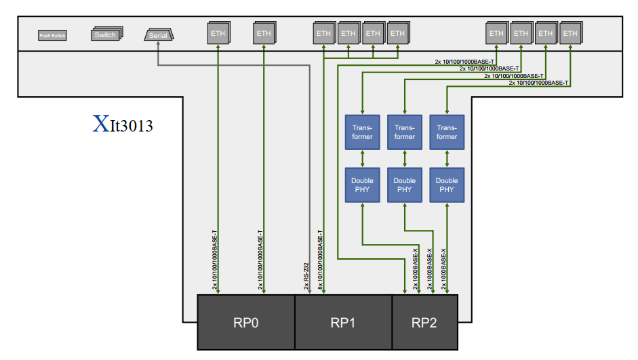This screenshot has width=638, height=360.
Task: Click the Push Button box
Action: [x=52, y=35]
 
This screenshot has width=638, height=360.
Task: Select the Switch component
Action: [x=105, y=35]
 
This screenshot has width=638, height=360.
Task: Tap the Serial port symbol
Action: [x=159, y=35]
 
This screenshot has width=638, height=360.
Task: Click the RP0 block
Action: [x=245, y=322]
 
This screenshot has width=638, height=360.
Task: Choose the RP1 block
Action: [x=343, y=322]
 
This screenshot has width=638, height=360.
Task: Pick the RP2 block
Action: [x=424, y=322]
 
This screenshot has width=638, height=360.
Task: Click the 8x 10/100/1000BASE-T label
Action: [x=319, y=260]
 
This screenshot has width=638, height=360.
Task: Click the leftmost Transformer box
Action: [x=362, y=132]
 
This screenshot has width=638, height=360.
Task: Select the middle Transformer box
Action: [x=405, y=132]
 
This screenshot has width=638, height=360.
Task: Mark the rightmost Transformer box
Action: [x=447, y=132]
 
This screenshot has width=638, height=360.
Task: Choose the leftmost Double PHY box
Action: [x=362, y=184]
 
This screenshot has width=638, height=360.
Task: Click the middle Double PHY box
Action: [x=405, y=184]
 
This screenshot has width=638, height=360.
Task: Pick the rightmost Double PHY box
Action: [x=447, y=184]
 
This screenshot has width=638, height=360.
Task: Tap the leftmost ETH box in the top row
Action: [x=218, y=33]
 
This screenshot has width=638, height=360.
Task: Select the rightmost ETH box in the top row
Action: [x=570, y=33]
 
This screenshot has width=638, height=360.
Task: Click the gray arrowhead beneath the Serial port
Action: [x=158, y=45]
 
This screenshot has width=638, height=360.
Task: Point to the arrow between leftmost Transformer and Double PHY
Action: [x=362, y=159]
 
